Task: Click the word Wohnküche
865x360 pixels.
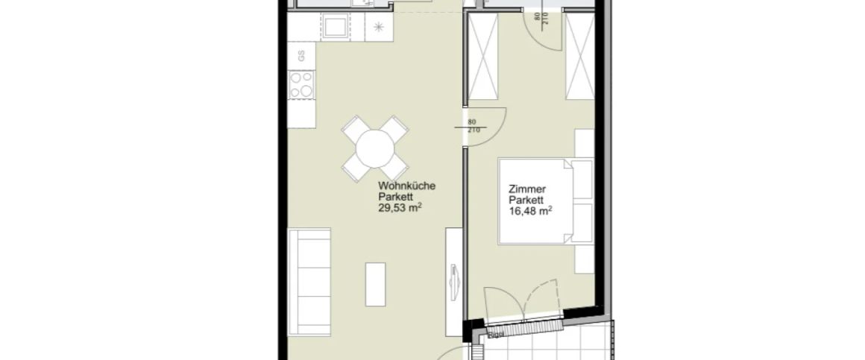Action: tap(406, 186)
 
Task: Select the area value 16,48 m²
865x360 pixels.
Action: tap(530, 212)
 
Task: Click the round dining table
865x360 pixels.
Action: tap(375, 148)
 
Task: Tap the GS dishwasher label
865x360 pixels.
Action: tap(301, 54)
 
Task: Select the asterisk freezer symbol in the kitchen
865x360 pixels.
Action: tap(378, 28)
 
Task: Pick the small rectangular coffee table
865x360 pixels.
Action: tap(375, 283)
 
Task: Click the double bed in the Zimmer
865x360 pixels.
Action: tap(544, 201)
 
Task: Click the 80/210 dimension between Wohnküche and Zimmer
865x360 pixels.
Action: tap(471, 126)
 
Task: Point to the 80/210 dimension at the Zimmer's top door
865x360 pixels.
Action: tap(535, 18)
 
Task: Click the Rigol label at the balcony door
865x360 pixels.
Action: tap(495, 335)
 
